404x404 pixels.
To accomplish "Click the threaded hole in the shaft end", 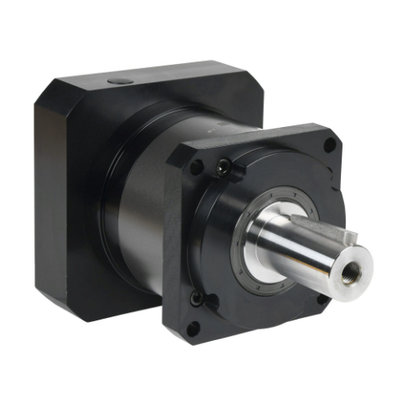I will pyautogui.click(x=354, y=266).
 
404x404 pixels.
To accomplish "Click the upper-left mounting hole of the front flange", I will pyautogui.click(x=197, y=167).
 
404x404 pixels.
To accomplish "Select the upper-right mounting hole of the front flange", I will pyautogui.click(x=329, y=146).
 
